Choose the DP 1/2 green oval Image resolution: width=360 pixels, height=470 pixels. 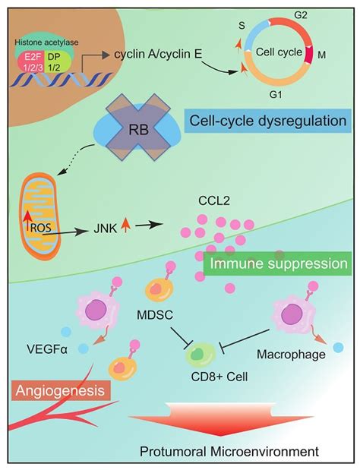[x=73, y=61]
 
